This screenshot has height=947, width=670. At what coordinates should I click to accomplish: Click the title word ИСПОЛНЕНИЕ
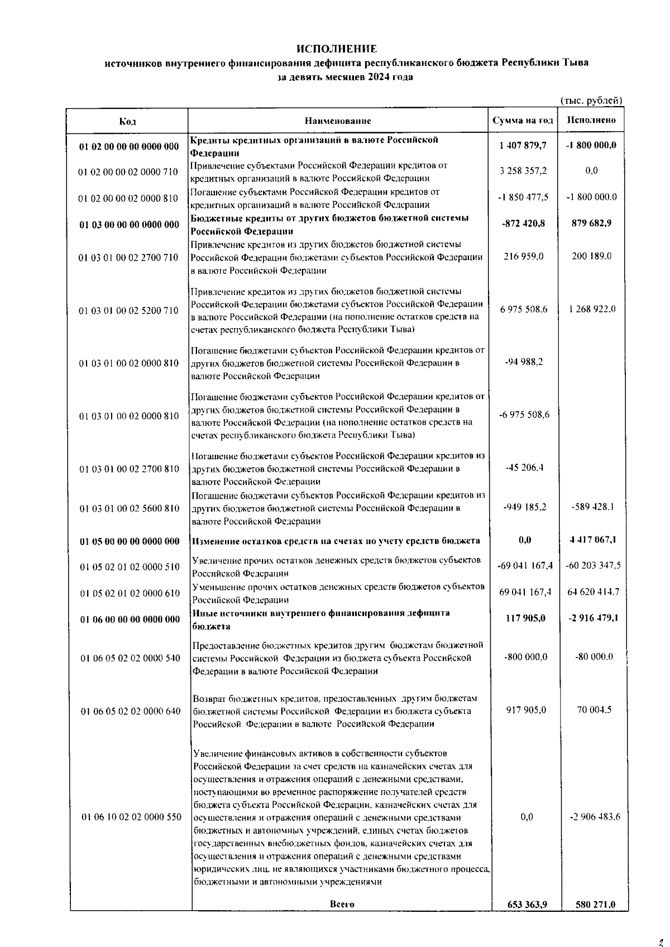336,49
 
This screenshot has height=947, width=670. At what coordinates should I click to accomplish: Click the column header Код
127,121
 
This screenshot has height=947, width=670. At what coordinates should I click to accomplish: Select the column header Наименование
338,121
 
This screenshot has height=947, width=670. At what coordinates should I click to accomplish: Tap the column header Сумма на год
523,121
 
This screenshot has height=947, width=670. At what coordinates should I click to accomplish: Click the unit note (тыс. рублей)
591,100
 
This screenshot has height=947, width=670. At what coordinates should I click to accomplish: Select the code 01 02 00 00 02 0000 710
128,172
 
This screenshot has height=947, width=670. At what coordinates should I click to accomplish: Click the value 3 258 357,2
523,171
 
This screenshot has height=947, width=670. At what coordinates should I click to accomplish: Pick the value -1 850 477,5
523,197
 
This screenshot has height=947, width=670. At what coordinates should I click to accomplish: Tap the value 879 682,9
591,223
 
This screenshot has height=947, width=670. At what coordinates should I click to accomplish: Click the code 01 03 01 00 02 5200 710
129,310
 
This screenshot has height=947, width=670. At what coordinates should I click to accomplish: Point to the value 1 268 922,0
592,309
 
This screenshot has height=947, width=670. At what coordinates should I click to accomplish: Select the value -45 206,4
524,468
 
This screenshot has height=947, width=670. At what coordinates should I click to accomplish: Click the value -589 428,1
592,507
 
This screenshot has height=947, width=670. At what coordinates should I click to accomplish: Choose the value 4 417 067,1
592,540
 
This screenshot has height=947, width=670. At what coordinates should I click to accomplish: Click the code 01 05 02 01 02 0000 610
130,593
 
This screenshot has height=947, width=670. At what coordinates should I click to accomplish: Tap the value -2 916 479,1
592,618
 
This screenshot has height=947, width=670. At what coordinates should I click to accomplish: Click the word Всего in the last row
342,904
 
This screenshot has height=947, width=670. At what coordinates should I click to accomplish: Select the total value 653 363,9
524,905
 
